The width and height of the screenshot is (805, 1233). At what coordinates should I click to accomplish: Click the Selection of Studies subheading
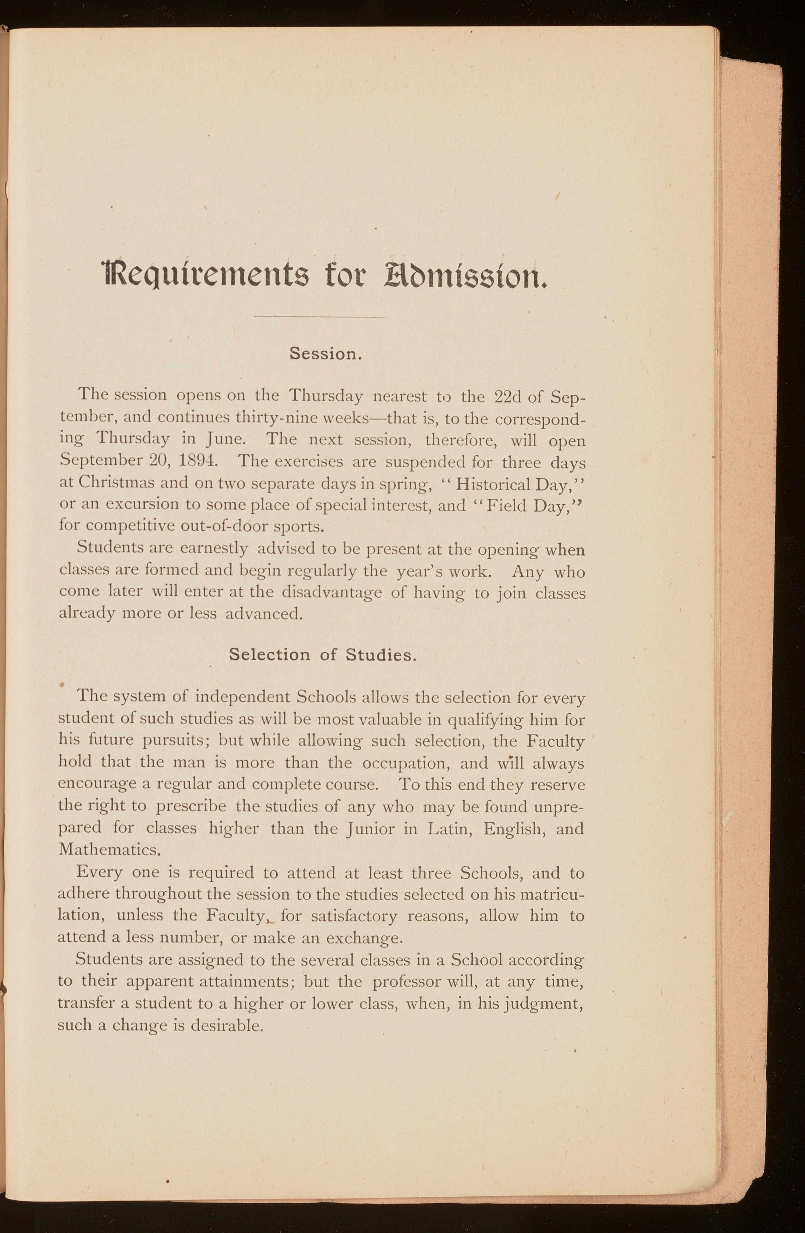(x=323, y=655)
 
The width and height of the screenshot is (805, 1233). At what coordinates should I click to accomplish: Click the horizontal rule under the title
(x=320, y=317)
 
